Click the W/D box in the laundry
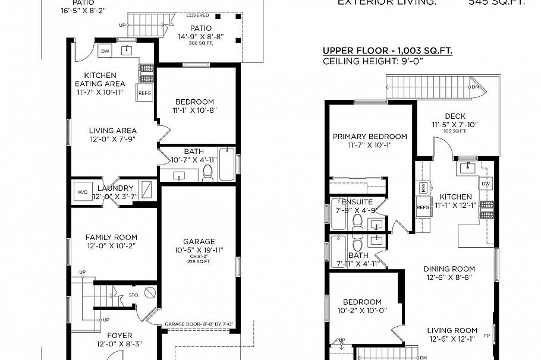click(x=81, y=192)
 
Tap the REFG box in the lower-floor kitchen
click(x=144, y=93)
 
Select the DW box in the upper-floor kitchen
click(x=486, y=184)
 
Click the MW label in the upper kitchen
click(x=423, y=188)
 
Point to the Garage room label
click(x=199, y=241)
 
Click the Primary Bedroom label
click(x=370, y=137)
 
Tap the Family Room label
click(x=111, y=236)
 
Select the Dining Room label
click(x=449, y=269)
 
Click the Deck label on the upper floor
click(x=455, y=116)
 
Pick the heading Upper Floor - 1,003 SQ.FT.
click(x=387, y=51)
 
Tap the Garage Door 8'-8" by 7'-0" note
click(x=199, y=324)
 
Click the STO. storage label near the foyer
click(x=134, y=294)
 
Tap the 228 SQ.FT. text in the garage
click(x=199, y=261)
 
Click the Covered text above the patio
click(x=197, y=15)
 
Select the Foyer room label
click(x=119, y=336)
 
